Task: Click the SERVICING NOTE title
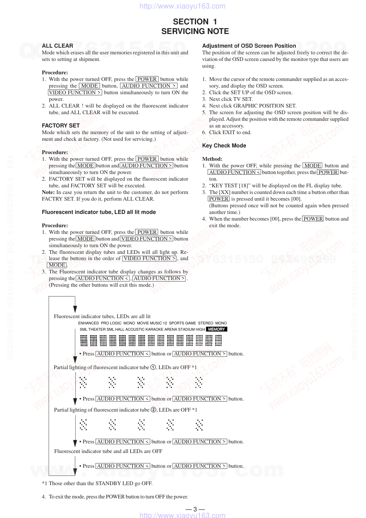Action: (195, 31)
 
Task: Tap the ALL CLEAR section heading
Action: (57, 46)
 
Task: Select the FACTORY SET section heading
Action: (61, 126)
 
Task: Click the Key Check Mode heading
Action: (224, 146)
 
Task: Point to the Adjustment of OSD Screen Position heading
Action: (249, 46)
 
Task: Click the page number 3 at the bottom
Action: (195, 509)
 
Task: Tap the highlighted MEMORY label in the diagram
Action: (216, 329)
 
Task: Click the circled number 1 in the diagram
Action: (153, 367)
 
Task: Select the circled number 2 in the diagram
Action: (154, 410)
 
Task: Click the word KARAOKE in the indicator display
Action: (154, 329)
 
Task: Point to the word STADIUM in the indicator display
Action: (186, 329)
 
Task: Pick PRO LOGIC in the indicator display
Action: (111, 323)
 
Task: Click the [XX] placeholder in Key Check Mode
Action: (224, 192)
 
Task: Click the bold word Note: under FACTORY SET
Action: (48, 192)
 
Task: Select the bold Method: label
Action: (212, 159)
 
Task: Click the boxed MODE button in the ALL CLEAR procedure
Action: (89, 86)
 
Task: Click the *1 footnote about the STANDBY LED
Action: (97, 483)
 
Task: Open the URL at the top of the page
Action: (183, 6)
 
